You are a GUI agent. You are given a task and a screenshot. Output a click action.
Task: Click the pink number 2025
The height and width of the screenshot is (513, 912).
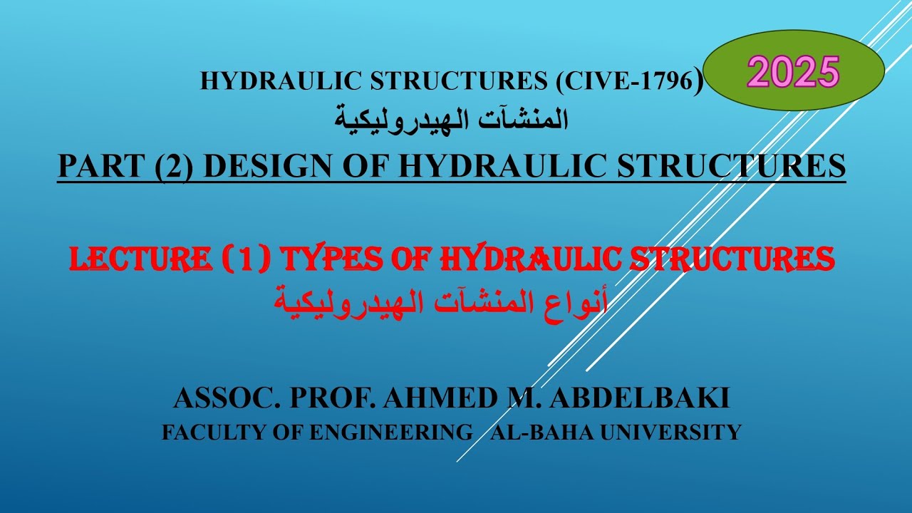(794, 73)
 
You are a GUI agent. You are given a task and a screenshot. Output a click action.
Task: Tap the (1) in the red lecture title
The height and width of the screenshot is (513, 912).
(243, 260)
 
